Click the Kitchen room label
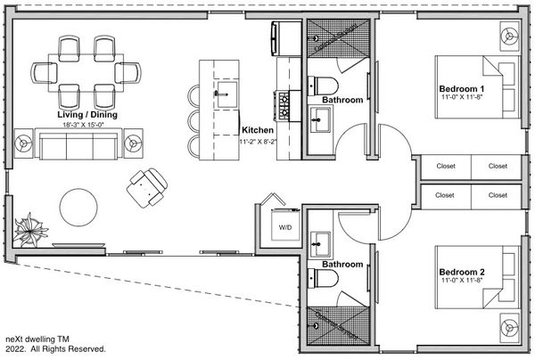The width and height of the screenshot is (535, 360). (258, 130)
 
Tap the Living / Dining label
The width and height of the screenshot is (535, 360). (87, 115)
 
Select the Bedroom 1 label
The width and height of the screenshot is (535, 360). (461, 89)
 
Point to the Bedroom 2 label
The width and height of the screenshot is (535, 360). (462, 272)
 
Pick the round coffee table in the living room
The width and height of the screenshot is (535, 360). (78, 208)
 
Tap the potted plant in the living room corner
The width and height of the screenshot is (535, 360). (30, 230)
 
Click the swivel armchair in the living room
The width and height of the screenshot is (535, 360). (147, 188)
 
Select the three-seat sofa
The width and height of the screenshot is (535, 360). (78, 143)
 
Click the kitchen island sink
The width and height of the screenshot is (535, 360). (226, 94)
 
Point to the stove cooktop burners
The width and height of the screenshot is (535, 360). (284, 106)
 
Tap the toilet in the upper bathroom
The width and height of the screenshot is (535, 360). (323, 86)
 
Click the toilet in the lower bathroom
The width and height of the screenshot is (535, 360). (323, 278)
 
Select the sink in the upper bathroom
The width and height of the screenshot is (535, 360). (320, 119)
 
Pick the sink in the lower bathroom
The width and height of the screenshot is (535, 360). (320, 244)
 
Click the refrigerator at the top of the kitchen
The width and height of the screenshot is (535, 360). (286, 38)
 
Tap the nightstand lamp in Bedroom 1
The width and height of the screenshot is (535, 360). (510, 37)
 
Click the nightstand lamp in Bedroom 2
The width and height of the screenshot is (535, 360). (510, 328)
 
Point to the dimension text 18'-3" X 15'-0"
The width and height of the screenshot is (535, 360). (83, 125)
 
